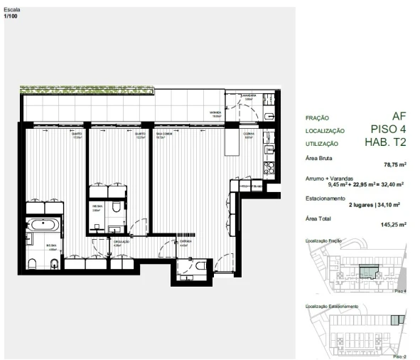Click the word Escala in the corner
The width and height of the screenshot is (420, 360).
(12, 10)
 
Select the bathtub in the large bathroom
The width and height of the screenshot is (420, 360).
(45, 228)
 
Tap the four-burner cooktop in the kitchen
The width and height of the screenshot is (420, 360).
(269, 170)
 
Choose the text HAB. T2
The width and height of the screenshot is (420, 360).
(385, 142)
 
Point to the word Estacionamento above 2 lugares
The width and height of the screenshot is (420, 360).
(325, 198)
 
